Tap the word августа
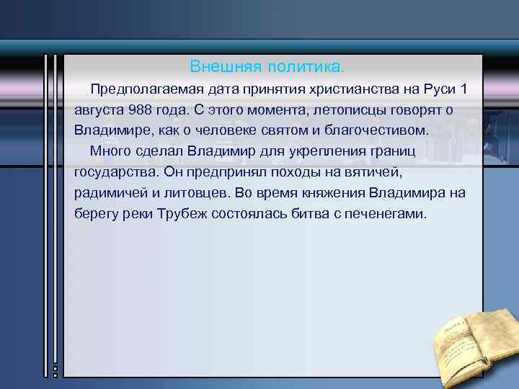[98, 111]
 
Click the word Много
[109, 152]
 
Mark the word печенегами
[394, 215]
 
